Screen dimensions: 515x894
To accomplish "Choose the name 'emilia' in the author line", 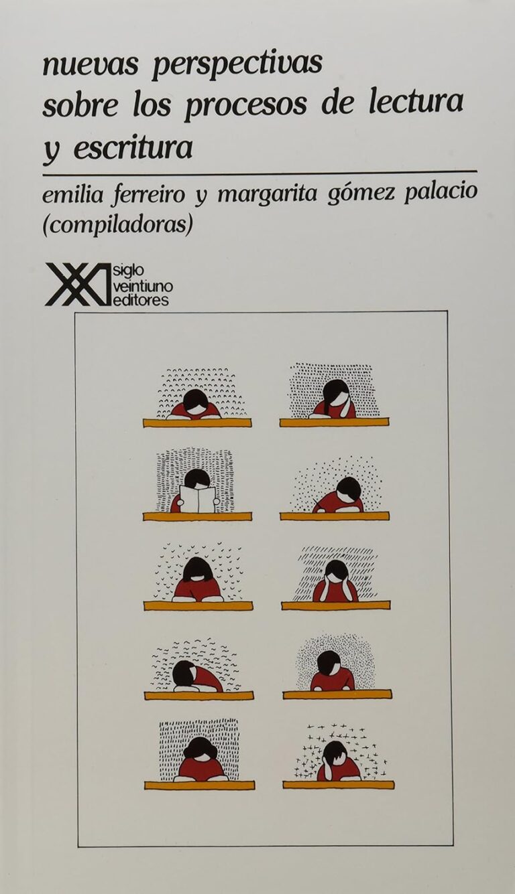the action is [x=68, y=196].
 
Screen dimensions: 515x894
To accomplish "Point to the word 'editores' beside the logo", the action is [x=141, y=300].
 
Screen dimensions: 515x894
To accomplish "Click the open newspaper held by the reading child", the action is [x=197, y=499].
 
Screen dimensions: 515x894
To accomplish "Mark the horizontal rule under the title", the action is [x=260, y=173].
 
